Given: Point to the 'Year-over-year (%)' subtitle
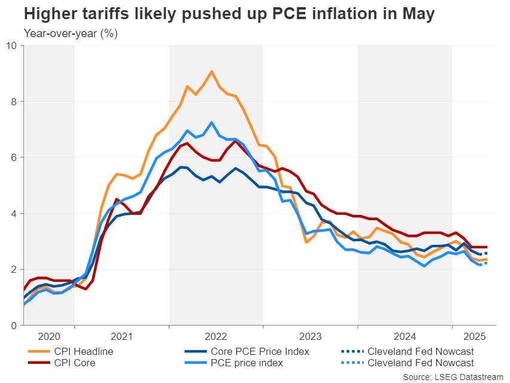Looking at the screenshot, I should click(71, 34).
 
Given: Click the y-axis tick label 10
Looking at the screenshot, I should click(12, 45).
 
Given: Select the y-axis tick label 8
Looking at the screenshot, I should click(15, 101).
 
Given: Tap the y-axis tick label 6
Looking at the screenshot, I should click(15, 157).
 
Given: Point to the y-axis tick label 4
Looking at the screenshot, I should click(15, 214).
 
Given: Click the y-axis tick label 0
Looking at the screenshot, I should click(15, 326).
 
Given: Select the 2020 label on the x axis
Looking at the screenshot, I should click(48, 337).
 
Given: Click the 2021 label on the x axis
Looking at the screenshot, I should click(122, 337).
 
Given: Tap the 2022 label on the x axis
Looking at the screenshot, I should click(216, 337).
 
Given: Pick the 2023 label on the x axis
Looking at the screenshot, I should click(310, 337).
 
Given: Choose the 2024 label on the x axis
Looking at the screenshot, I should click(405, 337).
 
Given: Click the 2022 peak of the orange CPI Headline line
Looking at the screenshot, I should click(212, 71).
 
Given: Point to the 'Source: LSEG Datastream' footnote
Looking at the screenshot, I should click(454, 377).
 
